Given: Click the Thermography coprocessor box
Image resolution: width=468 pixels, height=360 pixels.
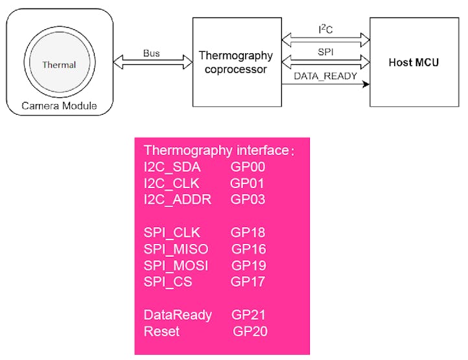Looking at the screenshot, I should (237, 62).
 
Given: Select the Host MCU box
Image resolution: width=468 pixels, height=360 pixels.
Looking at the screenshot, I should (414, 62).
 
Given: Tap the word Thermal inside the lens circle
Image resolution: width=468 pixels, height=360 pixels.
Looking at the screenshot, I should (59, 65).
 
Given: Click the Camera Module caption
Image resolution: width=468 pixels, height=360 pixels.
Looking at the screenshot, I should (59, 106).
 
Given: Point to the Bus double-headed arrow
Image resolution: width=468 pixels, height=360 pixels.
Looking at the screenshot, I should (153, 62).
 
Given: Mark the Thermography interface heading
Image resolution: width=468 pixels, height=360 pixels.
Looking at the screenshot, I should (219, 150).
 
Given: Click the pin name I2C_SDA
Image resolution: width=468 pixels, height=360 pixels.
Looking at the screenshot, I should (172, 167).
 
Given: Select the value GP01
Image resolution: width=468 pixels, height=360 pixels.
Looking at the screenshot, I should (247, 183).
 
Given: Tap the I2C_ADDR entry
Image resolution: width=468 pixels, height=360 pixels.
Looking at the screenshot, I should (178, 199).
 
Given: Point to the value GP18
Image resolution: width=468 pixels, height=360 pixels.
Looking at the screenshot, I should (248, 232).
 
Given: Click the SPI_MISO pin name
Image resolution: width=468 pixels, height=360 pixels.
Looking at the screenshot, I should (176, 248).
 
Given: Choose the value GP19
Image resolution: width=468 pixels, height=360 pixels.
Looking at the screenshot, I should (249, 265).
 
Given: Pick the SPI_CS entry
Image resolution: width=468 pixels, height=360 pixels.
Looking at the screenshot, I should (168, 282).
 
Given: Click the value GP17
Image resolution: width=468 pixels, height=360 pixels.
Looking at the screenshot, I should (248, 282).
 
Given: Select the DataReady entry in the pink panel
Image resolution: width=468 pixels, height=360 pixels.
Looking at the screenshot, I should (178, 315).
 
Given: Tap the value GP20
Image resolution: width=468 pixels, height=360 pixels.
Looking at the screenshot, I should (250, 331).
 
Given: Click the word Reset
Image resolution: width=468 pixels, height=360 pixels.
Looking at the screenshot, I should (161, 331).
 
